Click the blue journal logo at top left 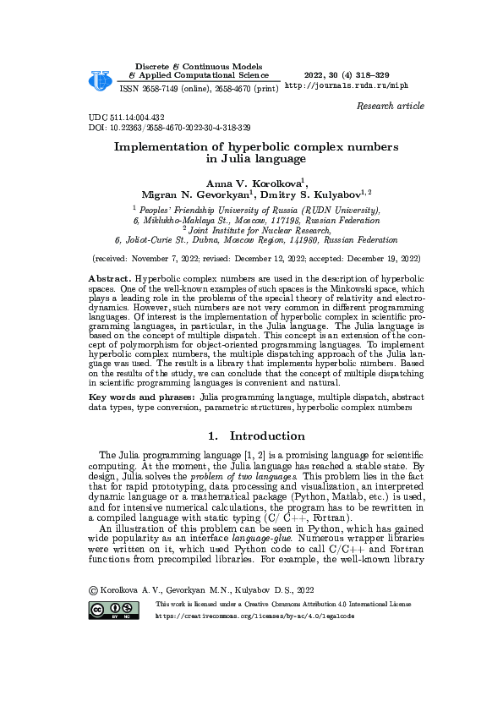[x=101, y=79]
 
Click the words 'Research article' [x=391, y=106]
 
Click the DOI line [x=169, y=128]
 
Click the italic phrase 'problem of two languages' [x=246, y=476]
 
